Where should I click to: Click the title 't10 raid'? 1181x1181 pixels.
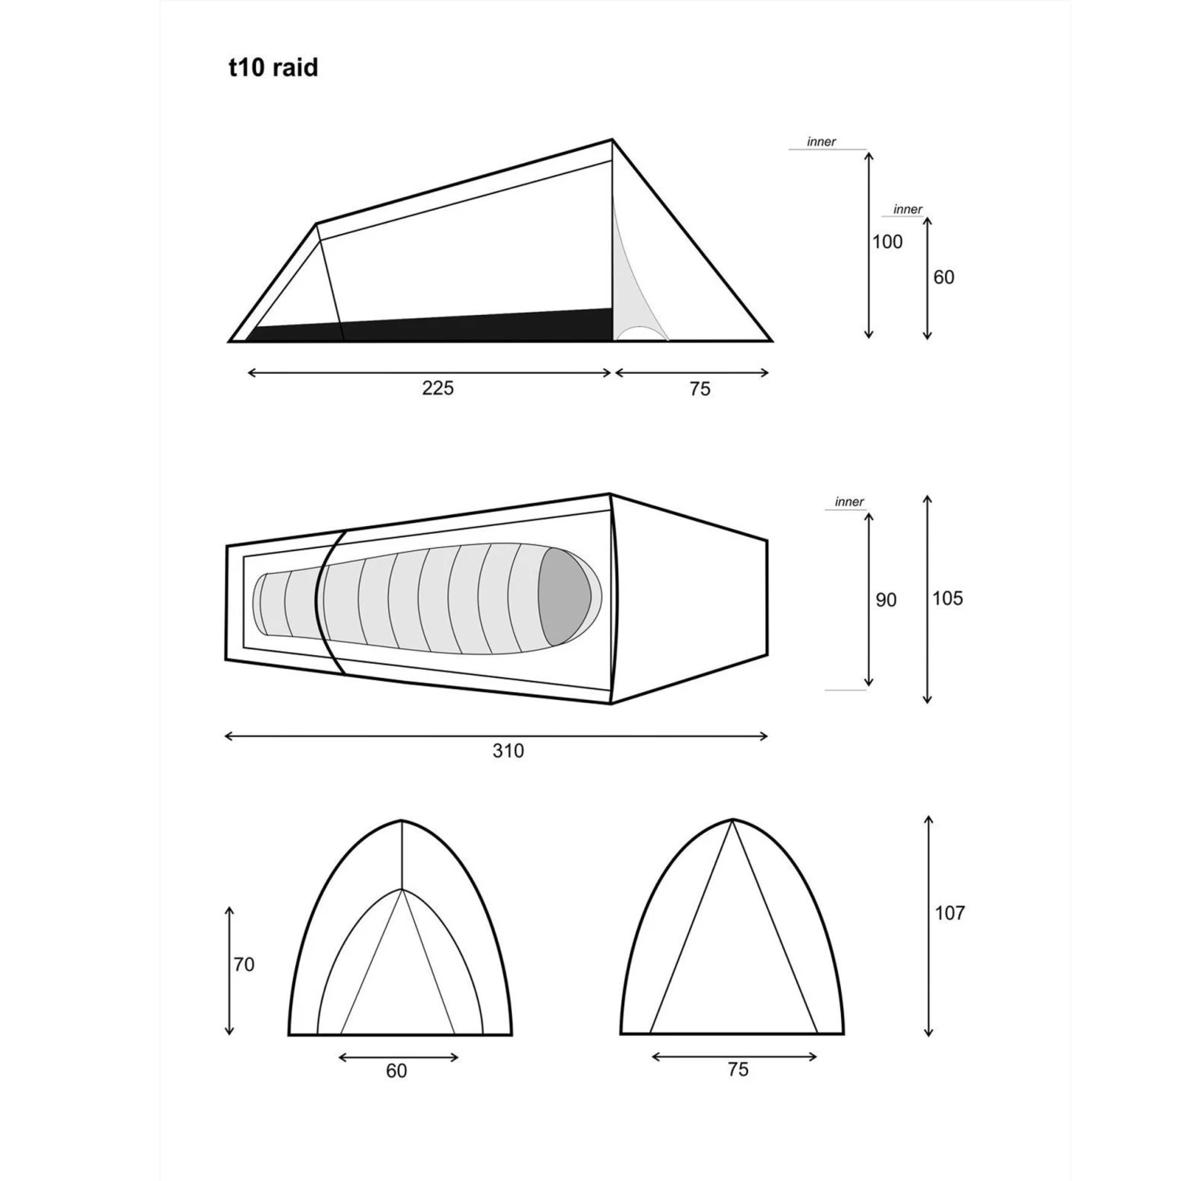[273, 68]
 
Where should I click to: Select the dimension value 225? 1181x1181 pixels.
[438, 388]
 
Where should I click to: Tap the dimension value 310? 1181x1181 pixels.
[508, 751]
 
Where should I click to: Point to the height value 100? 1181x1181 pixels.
[887, 242]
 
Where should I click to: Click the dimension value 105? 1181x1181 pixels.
[947, 598]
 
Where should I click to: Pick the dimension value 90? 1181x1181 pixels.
[886, 600]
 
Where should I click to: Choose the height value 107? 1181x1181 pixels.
[950, 913]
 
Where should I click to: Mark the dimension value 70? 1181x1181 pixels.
[244, 964]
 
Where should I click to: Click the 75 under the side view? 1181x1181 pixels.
[699, 389]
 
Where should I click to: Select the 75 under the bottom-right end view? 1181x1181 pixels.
[738, 1069]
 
